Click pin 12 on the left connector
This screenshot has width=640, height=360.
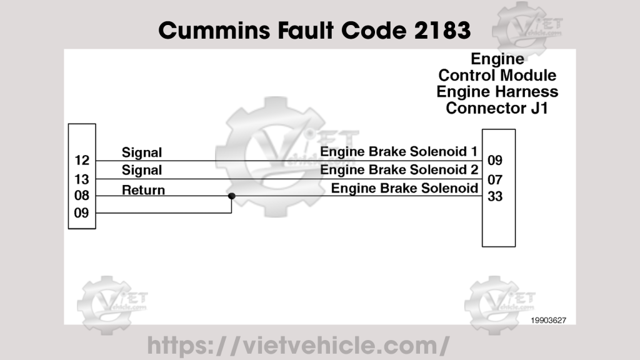[x=81, y=161]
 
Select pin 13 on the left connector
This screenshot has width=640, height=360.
[x=81, y=179]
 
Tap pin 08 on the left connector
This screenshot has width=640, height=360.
[x=81, y=196]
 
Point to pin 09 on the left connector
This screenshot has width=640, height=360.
[x=81, y=212]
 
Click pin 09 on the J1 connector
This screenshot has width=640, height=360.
[x=495, y=160]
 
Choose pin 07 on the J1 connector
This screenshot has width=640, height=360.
[x=495, y=180]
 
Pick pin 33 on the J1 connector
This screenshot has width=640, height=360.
[x=495, y=196]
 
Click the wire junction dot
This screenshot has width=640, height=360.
[x=231, y=196]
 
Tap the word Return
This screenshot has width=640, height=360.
[x=143, y=189]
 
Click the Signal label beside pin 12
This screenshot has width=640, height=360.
[x=141, y=152]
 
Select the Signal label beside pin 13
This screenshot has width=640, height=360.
[x=141, y=170]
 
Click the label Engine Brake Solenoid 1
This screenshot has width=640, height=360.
[x=399, y=152]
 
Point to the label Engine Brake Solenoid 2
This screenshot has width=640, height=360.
[x=399, y=170]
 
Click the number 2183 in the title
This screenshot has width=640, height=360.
[x=442, y=29]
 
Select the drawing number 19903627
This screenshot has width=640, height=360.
[x=549, y=320]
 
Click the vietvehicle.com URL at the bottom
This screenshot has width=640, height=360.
[x=298, y=345]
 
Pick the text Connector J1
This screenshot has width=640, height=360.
[x=497, y=108]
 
